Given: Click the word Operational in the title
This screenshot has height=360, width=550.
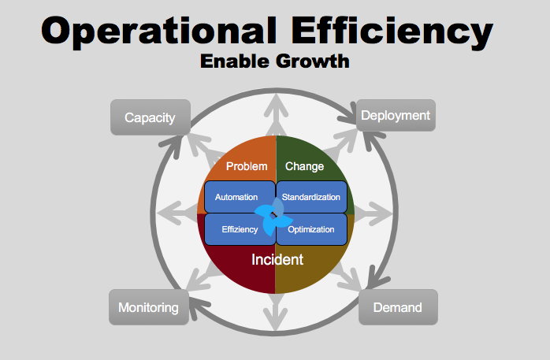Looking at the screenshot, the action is (x=158, y=32).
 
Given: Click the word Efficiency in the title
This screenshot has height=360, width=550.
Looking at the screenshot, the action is (x=392, y=32).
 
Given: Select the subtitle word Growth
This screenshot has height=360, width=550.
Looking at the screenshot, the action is (x=313, y=61).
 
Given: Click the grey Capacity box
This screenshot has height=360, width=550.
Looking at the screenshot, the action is (x=151, y=117).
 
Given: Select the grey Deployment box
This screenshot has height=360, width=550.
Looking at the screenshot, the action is (x=396, y=115).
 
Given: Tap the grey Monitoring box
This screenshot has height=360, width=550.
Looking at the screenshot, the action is (x=149, y=307).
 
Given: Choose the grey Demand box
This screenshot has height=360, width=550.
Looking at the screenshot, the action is (x=398, y=307).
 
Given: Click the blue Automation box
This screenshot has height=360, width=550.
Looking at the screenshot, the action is (x=240, y=197).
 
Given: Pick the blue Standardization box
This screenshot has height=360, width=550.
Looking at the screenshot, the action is (x=311, y=197).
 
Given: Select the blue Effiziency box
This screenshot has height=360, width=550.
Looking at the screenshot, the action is (x=240, y=229).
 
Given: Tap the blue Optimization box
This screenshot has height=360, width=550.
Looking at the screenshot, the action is (x=311, y=229).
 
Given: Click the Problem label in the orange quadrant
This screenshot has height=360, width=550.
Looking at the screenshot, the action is (x=247, y=166).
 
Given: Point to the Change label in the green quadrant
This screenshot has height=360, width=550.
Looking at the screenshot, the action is (x=304, y=166).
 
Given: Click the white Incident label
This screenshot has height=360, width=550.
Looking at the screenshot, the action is (x=277, y=260).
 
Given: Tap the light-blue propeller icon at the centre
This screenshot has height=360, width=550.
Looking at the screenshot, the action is (x=273, y=217).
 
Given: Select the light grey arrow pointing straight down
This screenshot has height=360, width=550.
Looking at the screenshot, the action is (x=276, y=311).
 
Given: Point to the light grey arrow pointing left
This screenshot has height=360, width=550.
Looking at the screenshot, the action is (x=177, y=213).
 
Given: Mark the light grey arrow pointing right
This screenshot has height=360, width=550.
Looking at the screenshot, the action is (x=373, y=213).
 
